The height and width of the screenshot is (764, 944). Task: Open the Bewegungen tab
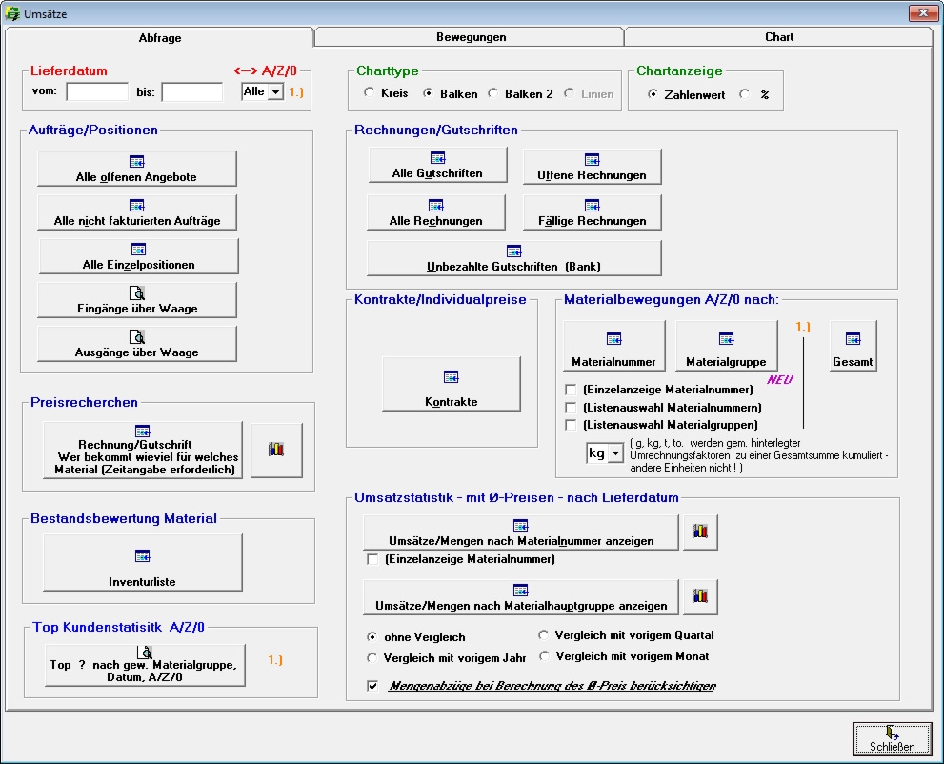click(x=471, y=37)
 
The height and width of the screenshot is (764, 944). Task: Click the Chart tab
click(x=778, y=37)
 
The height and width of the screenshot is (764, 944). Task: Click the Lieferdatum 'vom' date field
click(x=97, y=91)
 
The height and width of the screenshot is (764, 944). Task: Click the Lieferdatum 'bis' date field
click(x=191, y=91)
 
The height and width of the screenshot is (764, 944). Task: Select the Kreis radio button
click(x=370, y=94)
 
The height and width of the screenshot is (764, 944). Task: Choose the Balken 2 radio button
click(x=493, y=94)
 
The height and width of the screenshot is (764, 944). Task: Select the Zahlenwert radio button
click(x=653, y=94)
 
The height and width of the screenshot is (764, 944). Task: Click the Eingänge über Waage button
click(x=137, y=299)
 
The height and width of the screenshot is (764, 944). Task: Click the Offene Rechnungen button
click(x=592, y=166)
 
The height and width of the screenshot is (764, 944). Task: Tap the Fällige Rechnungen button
click(x=592, y=211)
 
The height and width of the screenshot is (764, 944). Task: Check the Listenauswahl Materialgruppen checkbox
click(x=572, y=425)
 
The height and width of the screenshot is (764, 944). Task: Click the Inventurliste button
click(x=142, y=562)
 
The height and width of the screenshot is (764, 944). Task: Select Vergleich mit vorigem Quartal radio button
click(x=545, y=635)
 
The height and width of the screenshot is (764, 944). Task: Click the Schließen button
click(x=891, y=738)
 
